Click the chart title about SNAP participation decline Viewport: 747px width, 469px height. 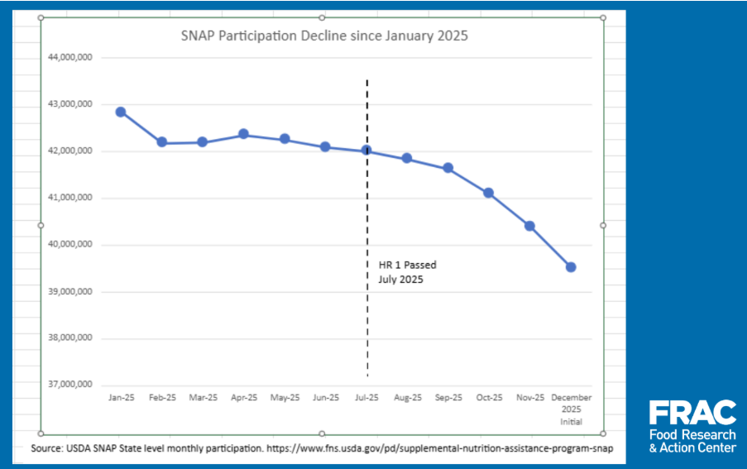324,36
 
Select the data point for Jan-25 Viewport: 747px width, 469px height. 121,112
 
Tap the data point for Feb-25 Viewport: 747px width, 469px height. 162,142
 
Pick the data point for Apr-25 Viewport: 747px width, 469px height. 243,134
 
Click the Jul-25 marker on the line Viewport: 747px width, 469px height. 366,151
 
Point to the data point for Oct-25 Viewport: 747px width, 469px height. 489,193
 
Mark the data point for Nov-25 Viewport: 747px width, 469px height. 529,226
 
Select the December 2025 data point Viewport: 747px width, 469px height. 571,267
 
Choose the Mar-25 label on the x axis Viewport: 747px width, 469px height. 203,398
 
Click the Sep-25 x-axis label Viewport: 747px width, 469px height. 448,398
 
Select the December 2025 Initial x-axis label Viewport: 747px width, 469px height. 571,409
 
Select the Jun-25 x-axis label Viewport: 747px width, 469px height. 325,398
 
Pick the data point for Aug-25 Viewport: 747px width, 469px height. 407,158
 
